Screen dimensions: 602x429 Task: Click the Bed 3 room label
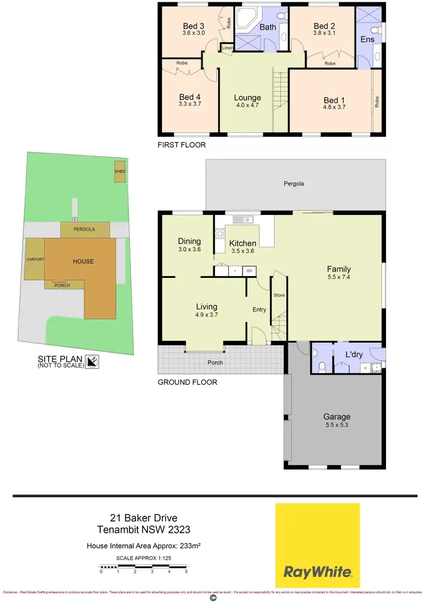click(x=193, y=26)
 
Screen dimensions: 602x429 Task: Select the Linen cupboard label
click(x=227, y=48)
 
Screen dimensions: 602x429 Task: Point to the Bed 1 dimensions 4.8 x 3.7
click(x=335, y=107)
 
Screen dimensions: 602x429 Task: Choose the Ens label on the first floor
click(x=367, y=39)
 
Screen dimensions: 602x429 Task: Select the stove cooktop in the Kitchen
click(x=219, y=234)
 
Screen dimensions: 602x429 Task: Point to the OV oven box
click(x=249, y=271)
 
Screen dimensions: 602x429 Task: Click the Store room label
click(x=279, y=296)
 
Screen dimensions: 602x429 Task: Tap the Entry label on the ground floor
click(x=259, y=309)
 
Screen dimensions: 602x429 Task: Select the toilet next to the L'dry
click(x=321, y=366)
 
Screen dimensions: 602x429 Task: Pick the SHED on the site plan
click(x=120, y=172)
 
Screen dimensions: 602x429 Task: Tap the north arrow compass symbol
click(x=92, y=361)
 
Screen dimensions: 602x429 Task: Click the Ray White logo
click(x=317, y=545)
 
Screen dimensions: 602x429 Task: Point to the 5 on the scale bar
click(x=186, y=571)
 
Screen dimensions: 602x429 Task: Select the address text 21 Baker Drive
click(x=143, y=519)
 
